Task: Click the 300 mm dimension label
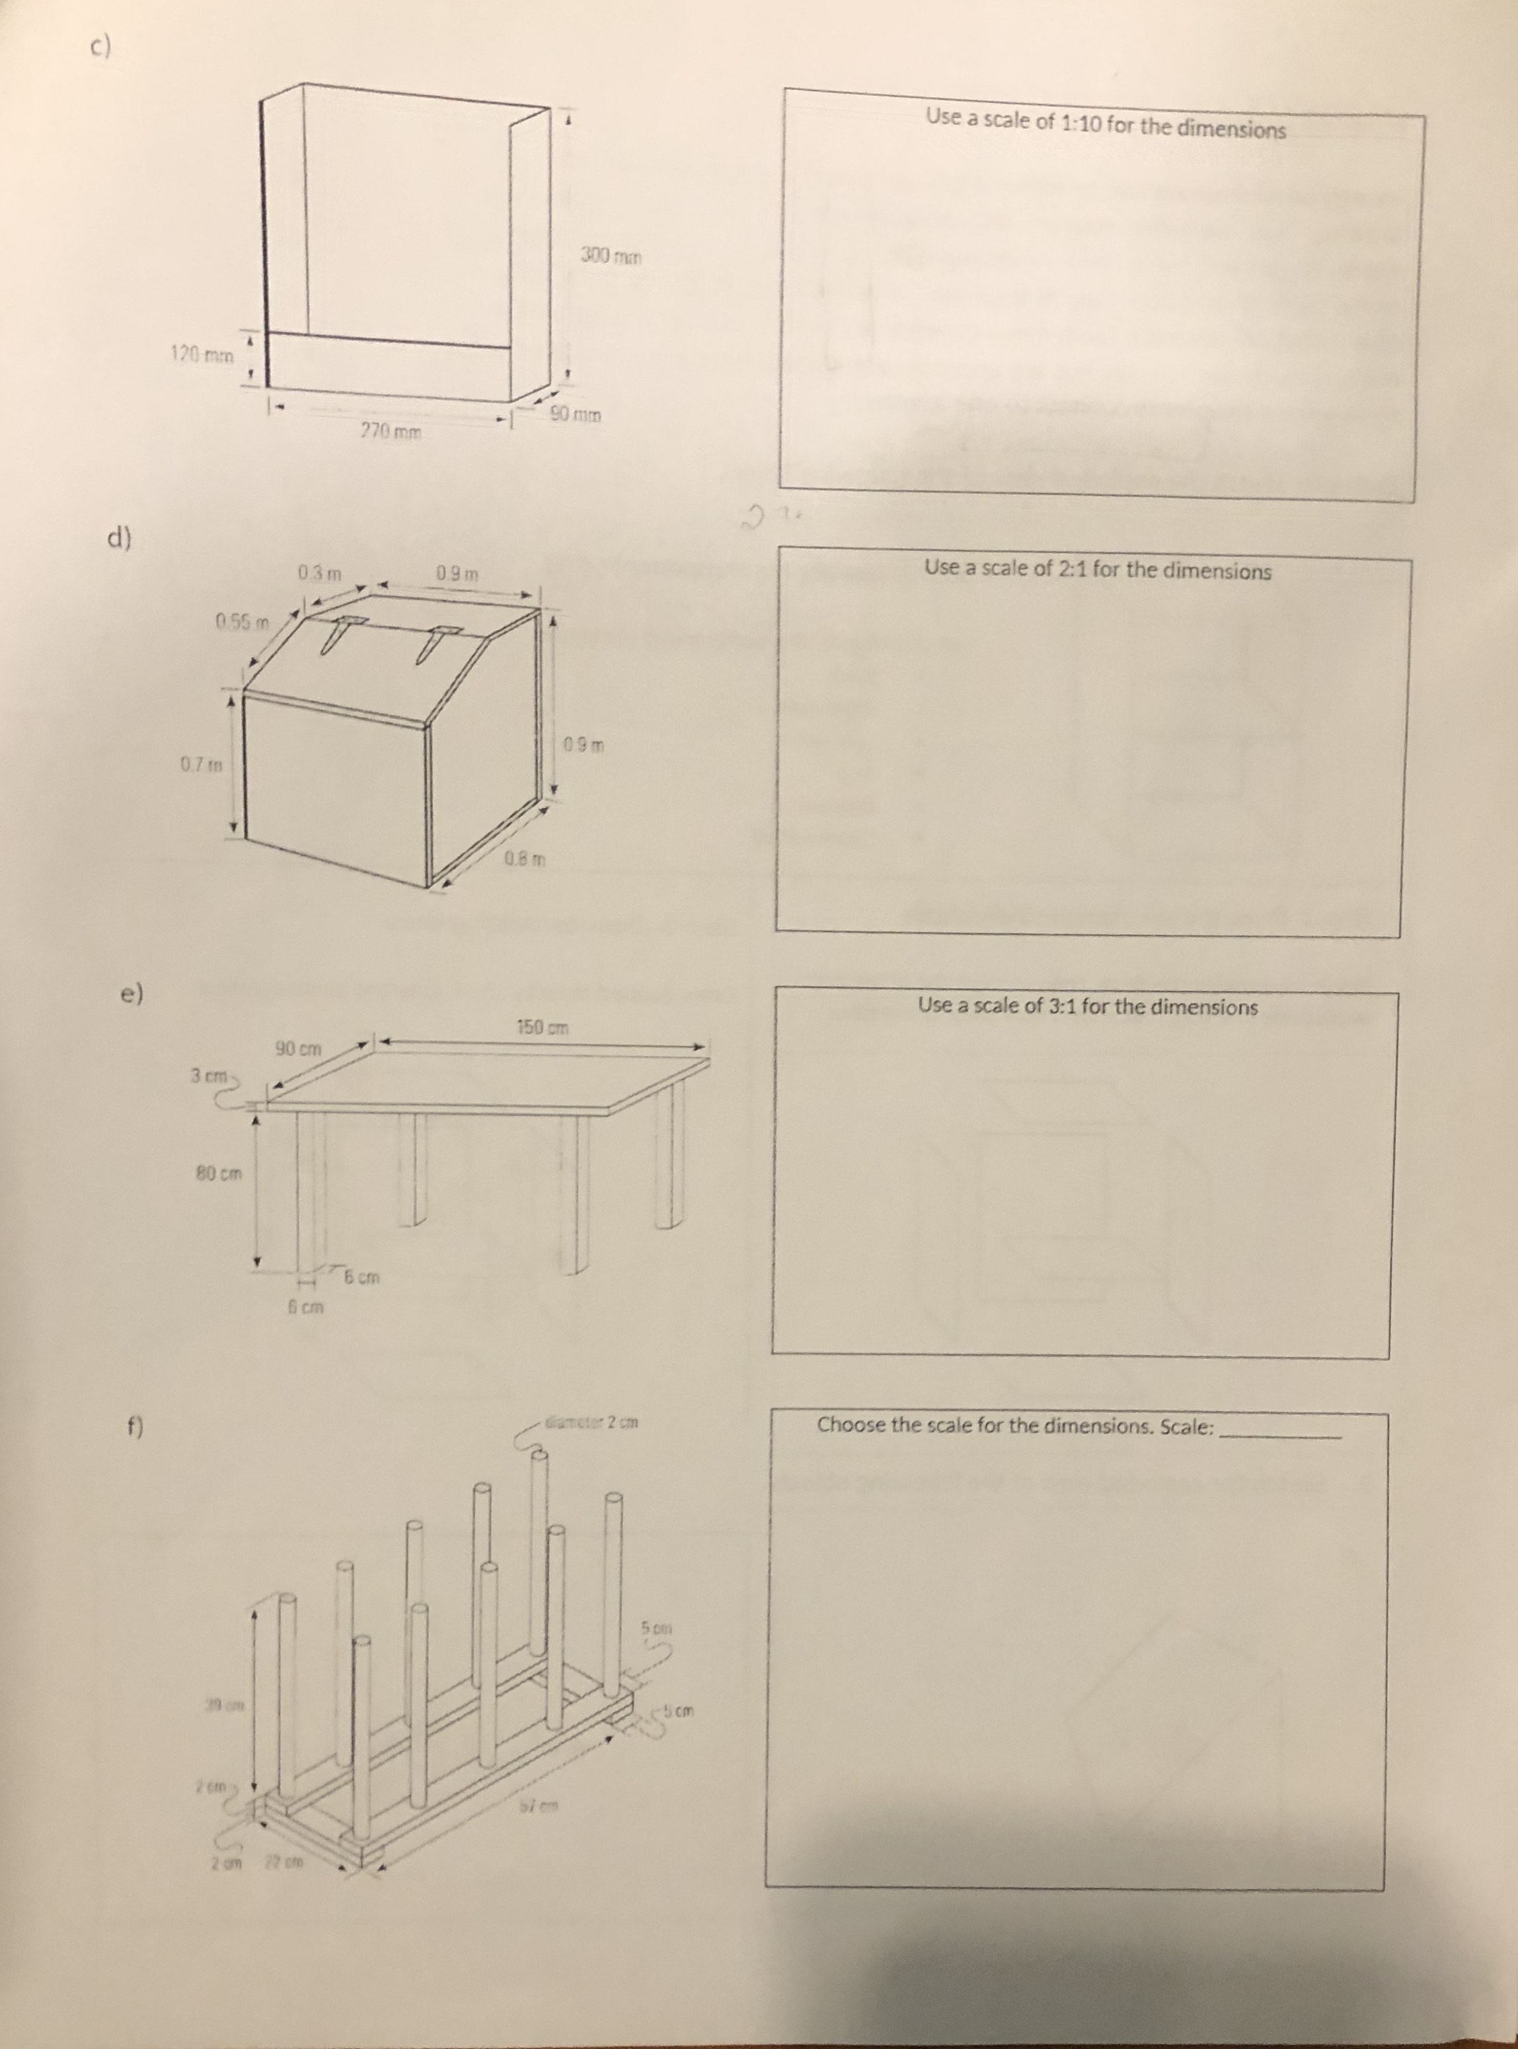point(610,256)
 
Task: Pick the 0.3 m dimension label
point(319,573)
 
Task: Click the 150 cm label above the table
point(542,1027)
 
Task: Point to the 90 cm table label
point(299,1048)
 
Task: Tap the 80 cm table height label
point(219,1173)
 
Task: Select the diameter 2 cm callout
point(592,1424)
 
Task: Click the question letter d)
point(118,538)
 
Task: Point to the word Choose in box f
point(851,1424)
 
